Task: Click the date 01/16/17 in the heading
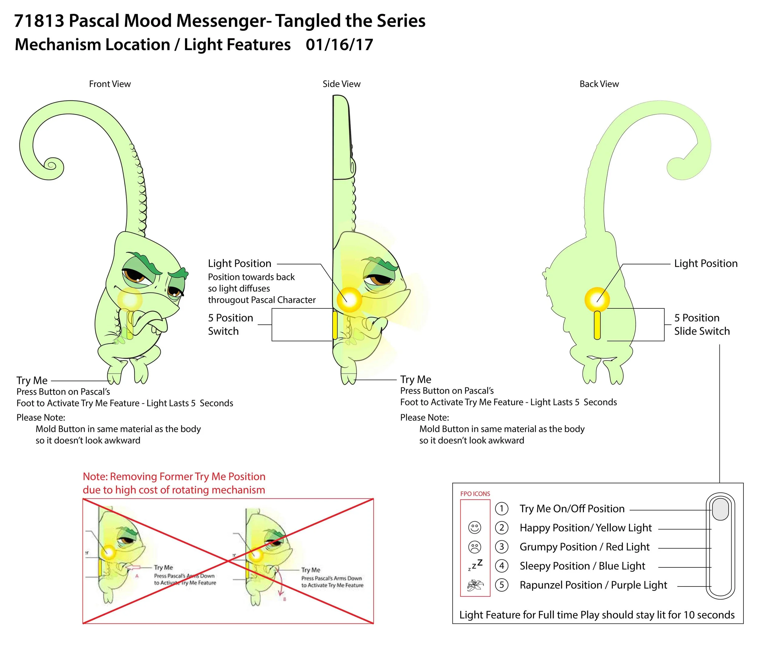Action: [x=339, y=45]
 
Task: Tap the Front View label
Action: [x=110, y=84]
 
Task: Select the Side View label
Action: [x=341, y=84]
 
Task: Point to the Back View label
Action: [x=599, y=84]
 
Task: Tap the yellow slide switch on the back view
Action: [x=597, y=325]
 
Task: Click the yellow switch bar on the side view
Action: [x=334, y=325]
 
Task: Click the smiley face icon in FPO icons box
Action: [x=474, y=527]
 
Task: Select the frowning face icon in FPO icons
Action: [x=474, y=547]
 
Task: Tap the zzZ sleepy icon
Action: [x=475, y=565]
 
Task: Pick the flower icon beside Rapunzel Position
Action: [x=475, y=585]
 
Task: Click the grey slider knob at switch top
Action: [x=720, y=510]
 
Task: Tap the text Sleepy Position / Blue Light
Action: [x=582, y=566]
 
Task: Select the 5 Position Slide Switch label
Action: [x=701, y=324]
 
